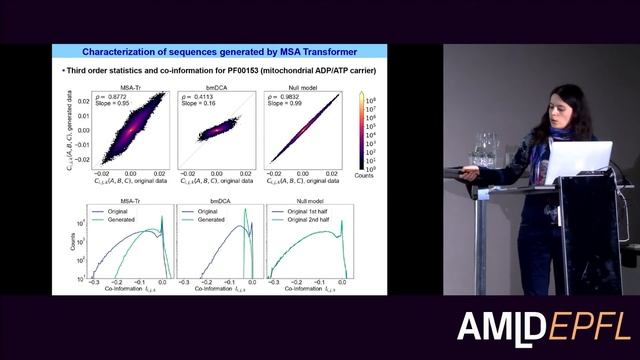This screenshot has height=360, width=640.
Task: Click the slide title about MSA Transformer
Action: click(219, 52)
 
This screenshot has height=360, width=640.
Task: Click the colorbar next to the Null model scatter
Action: click(362, 130)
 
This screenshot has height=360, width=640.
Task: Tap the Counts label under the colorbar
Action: click(370, 176)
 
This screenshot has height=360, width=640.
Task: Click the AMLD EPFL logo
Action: click(544, 326)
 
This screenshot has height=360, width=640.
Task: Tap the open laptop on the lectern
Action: click(577, 160)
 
